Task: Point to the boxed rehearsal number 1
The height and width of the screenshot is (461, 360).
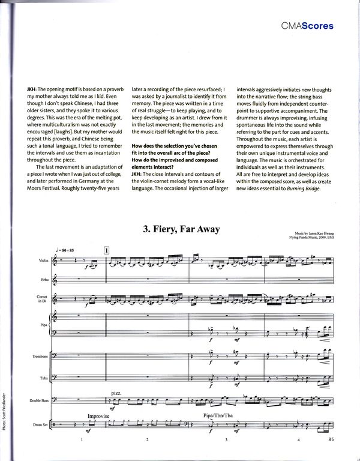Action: (x=107, y=249)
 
